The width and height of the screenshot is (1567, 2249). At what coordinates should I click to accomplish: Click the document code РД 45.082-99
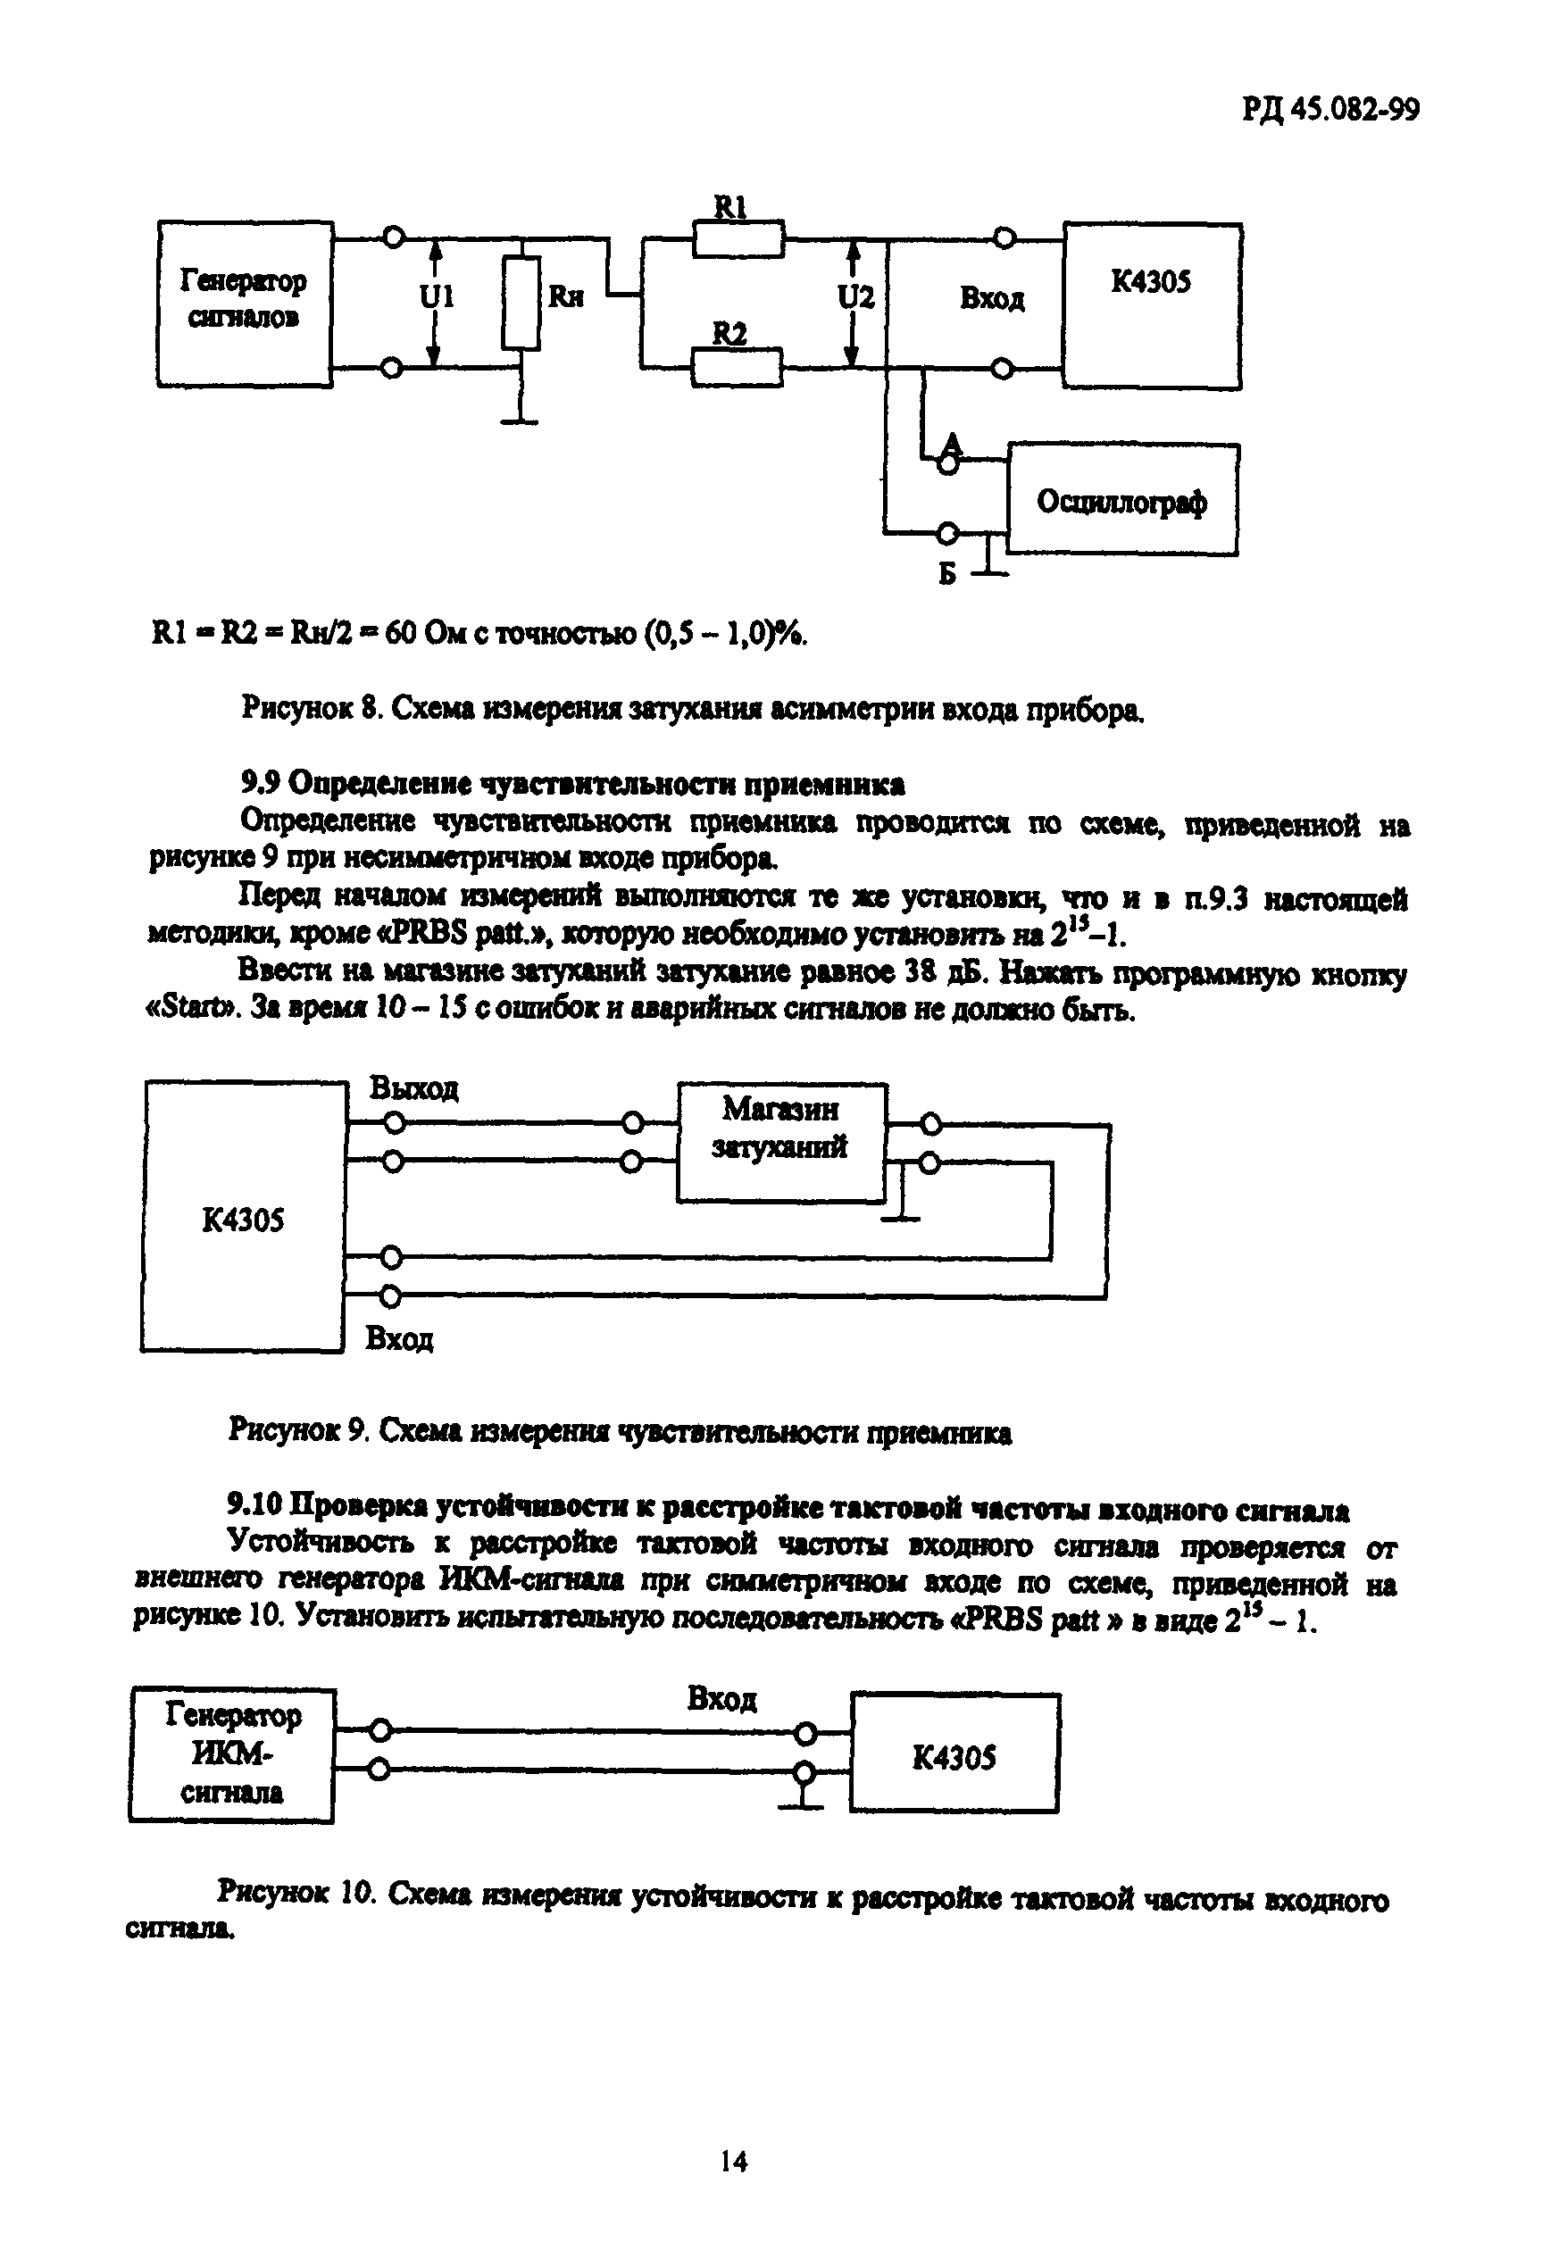click(x=1331, y=110)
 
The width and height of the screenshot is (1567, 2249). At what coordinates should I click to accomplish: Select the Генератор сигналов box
click(x=244, y=304)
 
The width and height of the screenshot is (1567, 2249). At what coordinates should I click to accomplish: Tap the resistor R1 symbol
click(x=738, y=239)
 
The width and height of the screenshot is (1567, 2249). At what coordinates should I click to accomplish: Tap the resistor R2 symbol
click(x=737, y=369)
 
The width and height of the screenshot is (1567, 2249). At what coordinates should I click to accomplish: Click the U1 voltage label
click(x=437, y=296)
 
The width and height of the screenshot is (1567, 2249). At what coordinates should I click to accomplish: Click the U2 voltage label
click(x=855, y=296)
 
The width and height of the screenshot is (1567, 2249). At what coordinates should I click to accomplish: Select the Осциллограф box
click(x=1122, y=500)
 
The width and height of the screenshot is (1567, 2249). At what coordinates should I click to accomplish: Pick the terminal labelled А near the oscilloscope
click(x=948, y=465)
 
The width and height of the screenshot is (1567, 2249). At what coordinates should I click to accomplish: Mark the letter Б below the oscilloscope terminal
click(x=946, y=574)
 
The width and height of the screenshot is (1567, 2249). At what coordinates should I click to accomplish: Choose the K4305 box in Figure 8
click(x=1153, y=305)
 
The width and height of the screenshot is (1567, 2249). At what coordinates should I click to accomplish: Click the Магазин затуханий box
click(x=780, y=1142)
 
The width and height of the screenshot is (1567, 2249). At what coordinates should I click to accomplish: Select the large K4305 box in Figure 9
click(x=243, y=1217)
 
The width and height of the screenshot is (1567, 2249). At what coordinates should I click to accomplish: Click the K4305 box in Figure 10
click(x=954, y=1758)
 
